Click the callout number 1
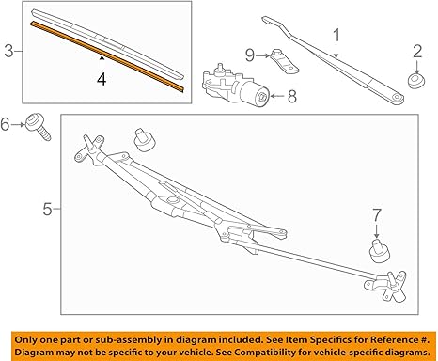click(x=336, y=36)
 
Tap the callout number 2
click(x=417, y=52)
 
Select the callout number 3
click(x=9, y=51)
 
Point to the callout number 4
click(x=102, y=79)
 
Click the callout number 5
click(x=47, y=209)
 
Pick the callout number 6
click(x=5, y=124)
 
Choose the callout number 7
click(x=377, y=215)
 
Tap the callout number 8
click(x=292, y=96)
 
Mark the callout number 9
click(x=250, y=55)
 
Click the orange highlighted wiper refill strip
click(x=107, y=56)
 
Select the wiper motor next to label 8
click(x=235, y=85)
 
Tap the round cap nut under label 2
click(x=416, y=81)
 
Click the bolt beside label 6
click(x=39, y=127)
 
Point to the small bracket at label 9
click(x=285, y=60)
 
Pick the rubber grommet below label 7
click(x=380, y=251)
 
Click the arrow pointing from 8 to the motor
click(x=276, y=96)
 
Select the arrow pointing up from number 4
click(x=102, y=63)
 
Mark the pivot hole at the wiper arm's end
click(x=398, y=97)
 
